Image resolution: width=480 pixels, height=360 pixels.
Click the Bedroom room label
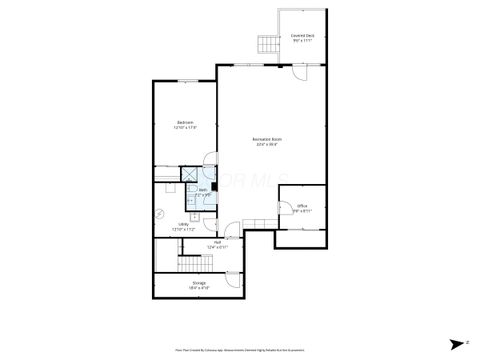click(185, 123)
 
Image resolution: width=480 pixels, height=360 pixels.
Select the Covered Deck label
click(302, 36)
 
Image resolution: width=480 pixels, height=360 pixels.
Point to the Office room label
click(302, 206)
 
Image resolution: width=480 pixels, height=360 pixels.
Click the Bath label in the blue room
click(202, 189)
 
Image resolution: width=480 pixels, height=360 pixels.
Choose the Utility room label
click(183, 224)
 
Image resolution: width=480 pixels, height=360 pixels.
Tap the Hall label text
click(217, 242)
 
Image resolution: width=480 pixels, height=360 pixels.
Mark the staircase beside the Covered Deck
click(268, 44)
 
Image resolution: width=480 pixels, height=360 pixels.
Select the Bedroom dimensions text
click(185, 128)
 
